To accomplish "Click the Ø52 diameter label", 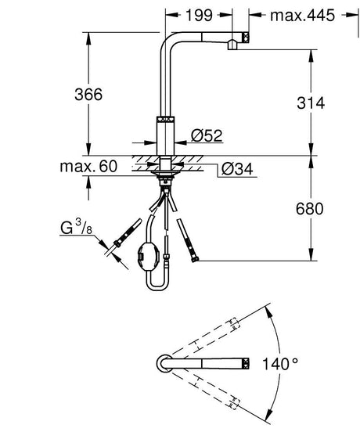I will coord(207,135).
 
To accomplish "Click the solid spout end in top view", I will coord(245,363).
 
